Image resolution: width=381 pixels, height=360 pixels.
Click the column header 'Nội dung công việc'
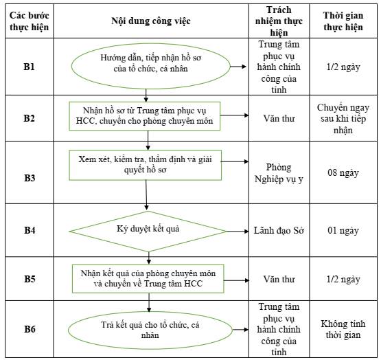pyautogui.click(x=150, y=21)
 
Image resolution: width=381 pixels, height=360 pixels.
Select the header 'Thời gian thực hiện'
pyautogui.click(x=343, y=21)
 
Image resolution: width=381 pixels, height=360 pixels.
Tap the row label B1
pyautogui.click(x=29, y=67)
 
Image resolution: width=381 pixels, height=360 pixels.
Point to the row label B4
pyautogui.click(x=30, y=230)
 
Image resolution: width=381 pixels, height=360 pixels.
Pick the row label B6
pyautogui.click(x=30, y=329)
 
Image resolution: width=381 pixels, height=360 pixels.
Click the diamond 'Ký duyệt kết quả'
pyautogui.click(x=148, y=232)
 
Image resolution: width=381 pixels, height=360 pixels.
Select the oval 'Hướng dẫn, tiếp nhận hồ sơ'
pyautogui.click(x=150, y=66)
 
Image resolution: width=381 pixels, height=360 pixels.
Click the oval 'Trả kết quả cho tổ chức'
pyautogui.click(x=150, y=330)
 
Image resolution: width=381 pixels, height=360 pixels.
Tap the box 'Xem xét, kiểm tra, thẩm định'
pyautogui.click(x=146, y=165)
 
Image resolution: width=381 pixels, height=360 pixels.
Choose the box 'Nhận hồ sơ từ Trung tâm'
pyautogui.click(x=145, y=116)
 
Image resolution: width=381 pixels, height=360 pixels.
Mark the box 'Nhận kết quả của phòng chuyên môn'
pyautogui.click(x=148, y=279)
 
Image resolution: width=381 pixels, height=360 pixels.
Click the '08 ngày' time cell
pyautogui.click(x=343, y=172)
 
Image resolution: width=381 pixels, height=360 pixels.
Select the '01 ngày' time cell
pyautogui.click(x=343, y=230)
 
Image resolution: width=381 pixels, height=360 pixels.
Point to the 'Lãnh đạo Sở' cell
pyautogui.click(x=279, y=230)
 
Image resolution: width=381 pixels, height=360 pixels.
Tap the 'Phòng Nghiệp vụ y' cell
pyautogui.click(x=279, y=173)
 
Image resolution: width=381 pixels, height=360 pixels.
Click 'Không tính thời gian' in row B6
pyautogui.click(x=343, y=329)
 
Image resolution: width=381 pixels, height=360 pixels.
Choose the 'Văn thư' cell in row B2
pyautogui.click(x=279, y=118)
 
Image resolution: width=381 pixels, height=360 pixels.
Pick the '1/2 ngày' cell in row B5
pyautogui.click(x=343, y=279)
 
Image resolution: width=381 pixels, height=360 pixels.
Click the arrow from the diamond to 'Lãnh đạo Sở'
pyautogui.click(x=237, y=232)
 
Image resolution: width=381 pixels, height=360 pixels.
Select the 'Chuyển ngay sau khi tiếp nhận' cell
pyautogui.click(x=343, y=119)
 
